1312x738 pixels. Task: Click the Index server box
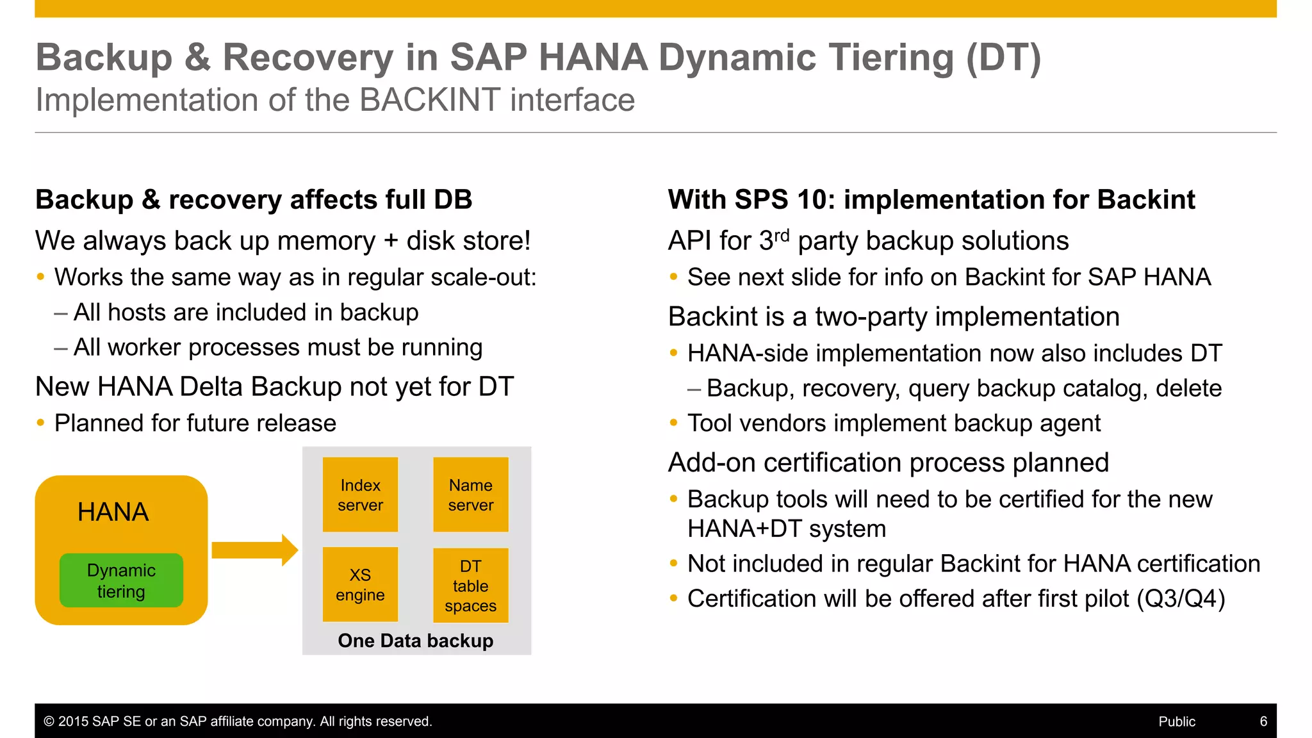click(x=360, y=495)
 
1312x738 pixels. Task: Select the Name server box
click(x=471, y=495)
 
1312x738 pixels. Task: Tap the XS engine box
click(x=360, y=584)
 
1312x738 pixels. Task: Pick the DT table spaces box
click(x=471, y=585)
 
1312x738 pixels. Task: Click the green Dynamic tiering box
click(x=121, y=580)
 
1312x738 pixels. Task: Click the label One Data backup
click(x=416, y=641)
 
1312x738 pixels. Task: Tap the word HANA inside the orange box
click(x=113, y=512)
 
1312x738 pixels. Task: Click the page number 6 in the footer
click(x=1263, y=721)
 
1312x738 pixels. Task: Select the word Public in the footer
click(x=1177, y=721)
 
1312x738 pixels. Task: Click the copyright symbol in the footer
click(x=49, y=721)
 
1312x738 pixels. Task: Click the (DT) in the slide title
click(x=1004, y=58)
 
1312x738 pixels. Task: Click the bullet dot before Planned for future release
click(x=41, y=423)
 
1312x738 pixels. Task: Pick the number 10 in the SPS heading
click(x=812, y=200)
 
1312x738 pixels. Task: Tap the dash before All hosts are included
click(x=61, y=313)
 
